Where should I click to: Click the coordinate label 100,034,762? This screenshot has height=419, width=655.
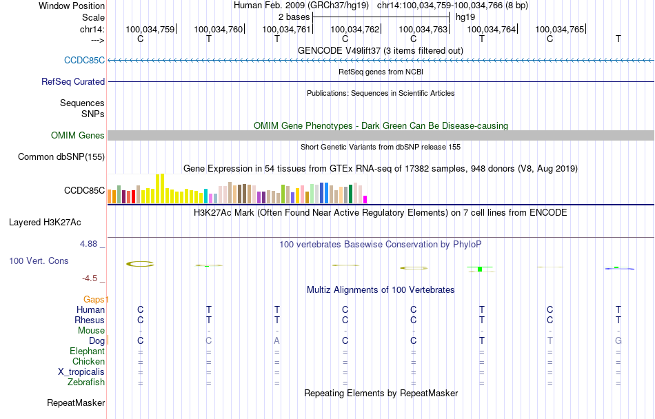(355, 29)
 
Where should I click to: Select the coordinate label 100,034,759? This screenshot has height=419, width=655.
(150, 29)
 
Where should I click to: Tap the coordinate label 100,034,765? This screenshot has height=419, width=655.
(559, 29)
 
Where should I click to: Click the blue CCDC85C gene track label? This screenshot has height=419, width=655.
(84, 60)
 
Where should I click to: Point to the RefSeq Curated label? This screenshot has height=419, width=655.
(73, 81)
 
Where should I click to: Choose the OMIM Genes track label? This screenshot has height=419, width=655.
(78, 136)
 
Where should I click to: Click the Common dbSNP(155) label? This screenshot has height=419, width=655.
(61, 157)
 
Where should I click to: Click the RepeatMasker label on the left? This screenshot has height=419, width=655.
(75, 403)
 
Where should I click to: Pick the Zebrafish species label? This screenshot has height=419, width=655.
(86, 382)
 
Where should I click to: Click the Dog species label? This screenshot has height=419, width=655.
(97, 340)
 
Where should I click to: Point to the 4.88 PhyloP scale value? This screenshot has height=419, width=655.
(90, 244)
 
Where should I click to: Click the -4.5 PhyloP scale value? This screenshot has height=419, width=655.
(90, 278)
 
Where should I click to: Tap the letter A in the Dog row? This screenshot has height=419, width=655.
(277, 340)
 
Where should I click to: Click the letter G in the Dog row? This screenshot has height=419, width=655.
(618, 340)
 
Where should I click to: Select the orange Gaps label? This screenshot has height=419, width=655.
(96, 299)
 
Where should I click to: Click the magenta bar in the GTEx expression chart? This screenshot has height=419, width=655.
(365, 199)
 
